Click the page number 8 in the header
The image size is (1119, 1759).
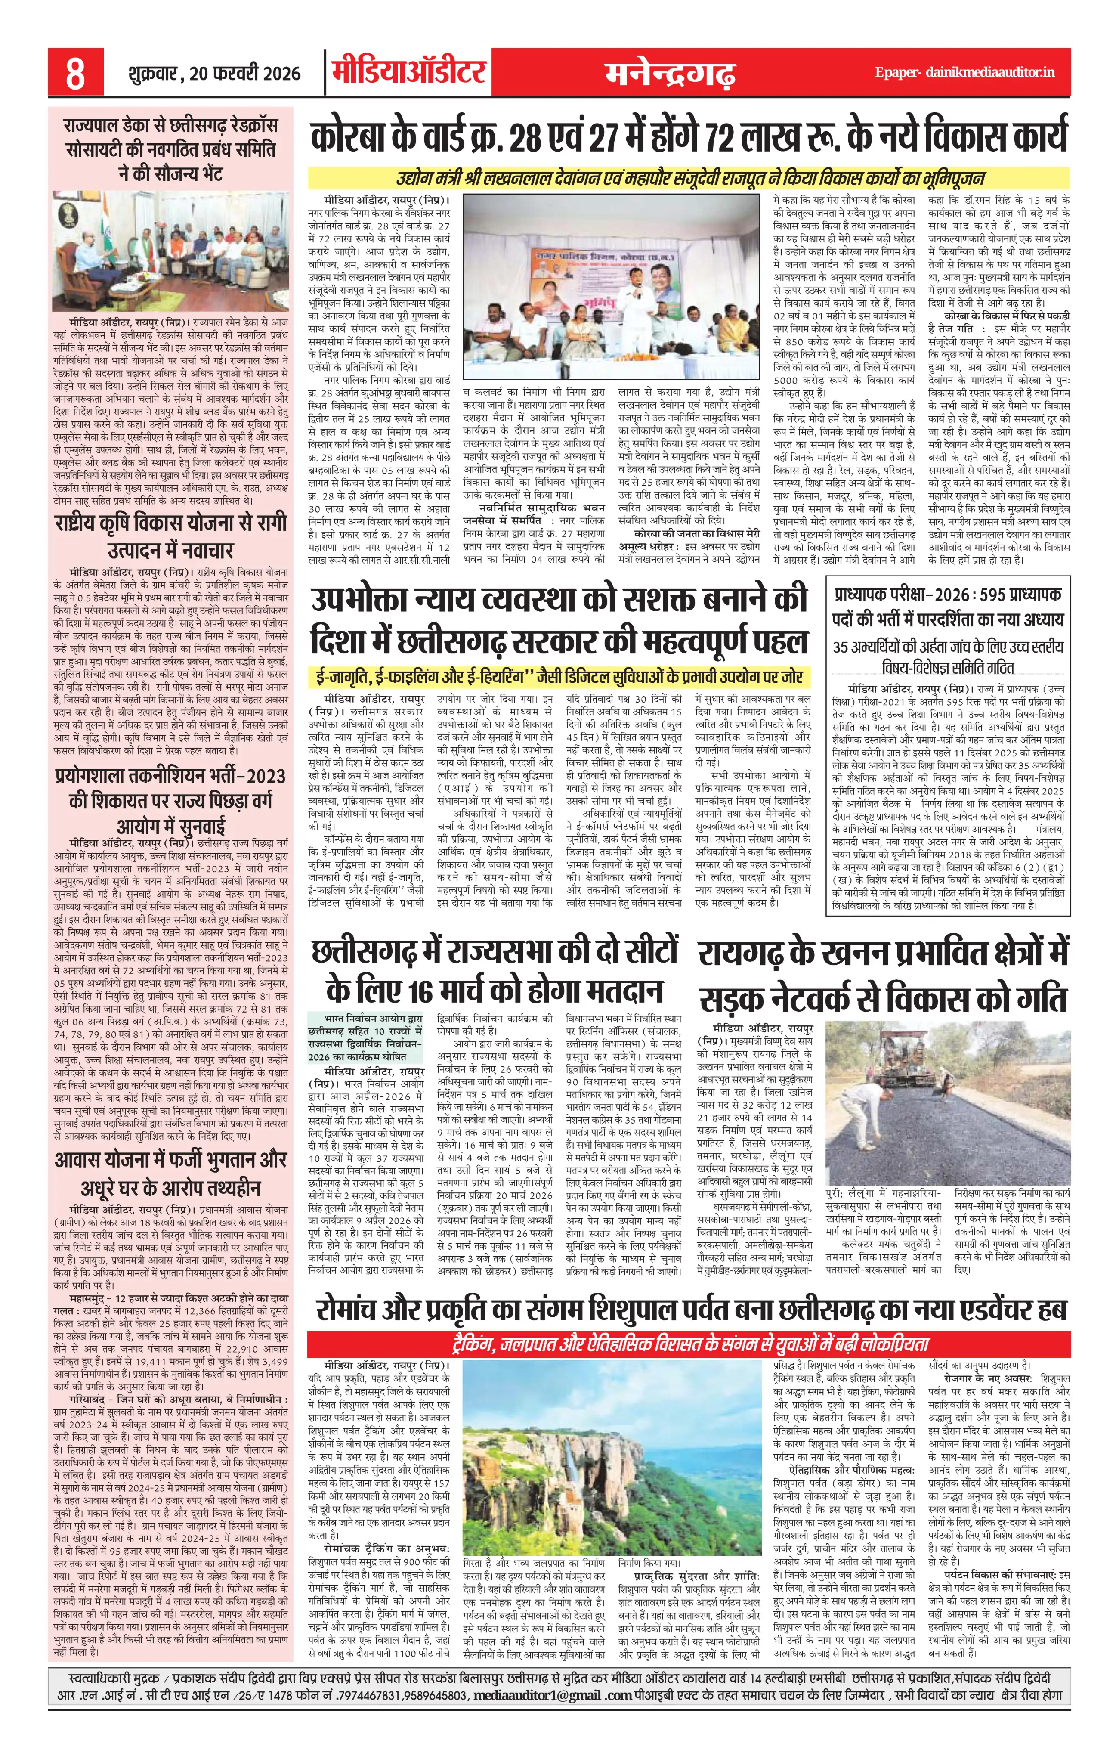point(75,74)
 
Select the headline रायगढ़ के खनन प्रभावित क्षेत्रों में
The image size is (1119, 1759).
point(883,975)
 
